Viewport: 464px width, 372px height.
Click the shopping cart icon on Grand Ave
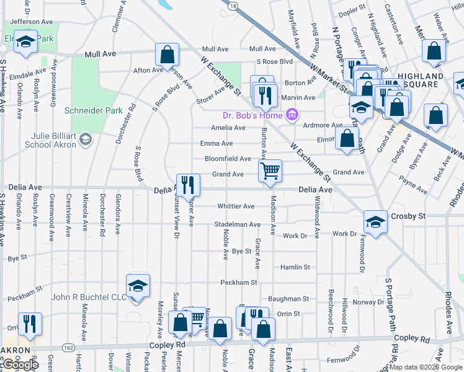tap(270, 170)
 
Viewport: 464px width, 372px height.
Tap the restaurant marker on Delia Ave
tap(188, 184)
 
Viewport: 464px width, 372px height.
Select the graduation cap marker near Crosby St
tap(375, 222)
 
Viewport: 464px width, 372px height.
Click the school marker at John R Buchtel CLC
tap(138, 286)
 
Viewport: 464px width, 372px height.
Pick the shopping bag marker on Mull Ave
tap(167, 55)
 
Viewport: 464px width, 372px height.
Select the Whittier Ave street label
tap(236, 206)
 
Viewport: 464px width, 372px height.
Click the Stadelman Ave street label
tap(238, 224)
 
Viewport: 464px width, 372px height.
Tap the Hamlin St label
tap(295, 267)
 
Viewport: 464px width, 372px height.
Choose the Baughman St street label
tap(288, 299)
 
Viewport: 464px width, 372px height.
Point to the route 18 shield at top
tap(232, 6)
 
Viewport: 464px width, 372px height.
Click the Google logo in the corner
tap(20, 365)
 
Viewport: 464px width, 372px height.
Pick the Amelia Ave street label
tap(228, 128)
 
